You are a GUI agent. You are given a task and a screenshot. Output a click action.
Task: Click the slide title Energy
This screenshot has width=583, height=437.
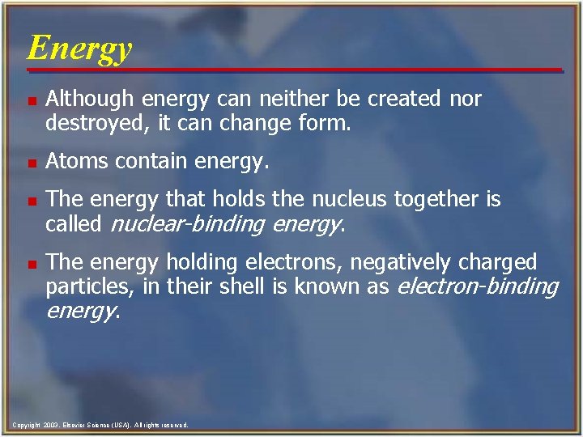(79, 49)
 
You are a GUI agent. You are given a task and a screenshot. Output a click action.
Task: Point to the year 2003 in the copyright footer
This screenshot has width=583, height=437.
(49, 425)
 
